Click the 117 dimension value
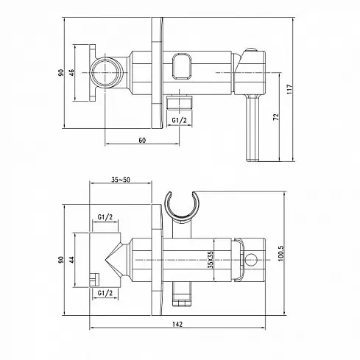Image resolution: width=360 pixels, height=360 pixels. click(289, 89)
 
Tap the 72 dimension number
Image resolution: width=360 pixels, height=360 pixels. click(276, 117)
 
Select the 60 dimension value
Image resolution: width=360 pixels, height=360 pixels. click(142, 140)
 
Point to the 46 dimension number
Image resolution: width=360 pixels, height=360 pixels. click(71, 73)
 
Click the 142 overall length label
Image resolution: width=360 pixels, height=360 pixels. click(177, 324)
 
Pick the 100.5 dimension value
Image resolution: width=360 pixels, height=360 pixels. click(280, 253)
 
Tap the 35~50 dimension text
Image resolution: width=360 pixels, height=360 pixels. click(121, 180)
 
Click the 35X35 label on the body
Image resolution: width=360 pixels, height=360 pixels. click(211, 260)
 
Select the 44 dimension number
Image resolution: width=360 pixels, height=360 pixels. click(71, 260)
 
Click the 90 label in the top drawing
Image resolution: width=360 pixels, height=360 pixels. click(61, 73)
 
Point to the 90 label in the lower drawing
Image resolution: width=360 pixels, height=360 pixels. click(61, 260)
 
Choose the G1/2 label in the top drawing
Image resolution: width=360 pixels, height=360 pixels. click(179, 120)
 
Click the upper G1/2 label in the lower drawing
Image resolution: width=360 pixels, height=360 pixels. click(105, 217)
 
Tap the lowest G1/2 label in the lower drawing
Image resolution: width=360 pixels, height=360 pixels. click(105, 293)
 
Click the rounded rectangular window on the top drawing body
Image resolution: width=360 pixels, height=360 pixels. click(182, 67)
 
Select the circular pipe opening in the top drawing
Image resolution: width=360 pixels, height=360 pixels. click(106, 72)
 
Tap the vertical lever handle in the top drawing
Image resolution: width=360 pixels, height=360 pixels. click(253, 128)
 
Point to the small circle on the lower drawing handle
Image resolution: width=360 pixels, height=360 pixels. click(251, 260)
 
